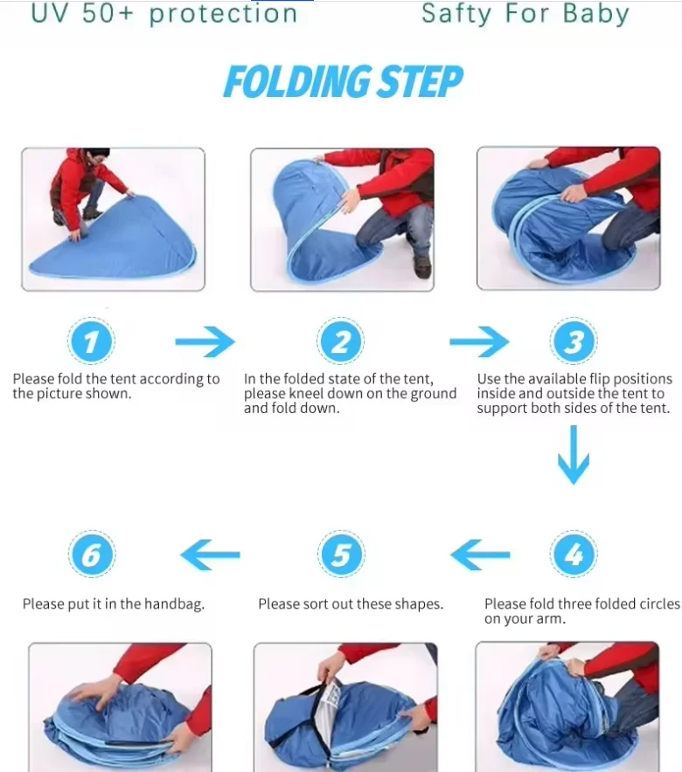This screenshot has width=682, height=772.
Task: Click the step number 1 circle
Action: pos(91,341)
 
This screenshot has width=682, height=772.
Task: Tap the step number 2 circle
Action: pos(340,341)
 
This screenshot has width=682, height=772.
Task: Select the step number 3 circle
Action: pos(573,341)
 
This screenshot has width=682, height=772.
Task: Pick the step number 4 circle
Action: pos(573,554)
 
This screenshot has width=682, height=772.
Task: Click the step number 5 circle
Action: pos(341,554)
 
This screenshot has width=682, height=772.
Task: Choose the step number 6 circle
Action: pos(92,554)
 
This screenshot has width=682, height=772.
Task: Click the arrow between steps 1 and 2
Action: pos(205,341)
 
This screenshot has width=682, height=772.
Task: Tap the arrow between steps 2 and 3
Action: pos(479,341)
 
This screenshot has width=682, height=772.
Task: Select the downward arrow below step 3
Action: pos(573,454)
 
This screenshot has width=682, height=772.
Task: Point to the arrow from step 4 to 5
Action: pos(480,555)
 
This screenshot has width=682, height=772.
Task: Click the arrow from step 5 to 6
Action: pos(210,555)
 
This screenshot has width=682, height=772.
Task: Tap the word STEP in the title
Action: pos(420,81)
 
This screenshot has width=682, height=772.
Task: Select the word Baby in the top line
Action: pos(595,14)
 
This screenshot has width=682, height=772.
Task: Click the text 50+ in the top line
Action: pos(108,13)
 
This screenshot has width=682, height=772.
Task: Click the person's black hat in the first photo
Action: pos(96,153)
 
